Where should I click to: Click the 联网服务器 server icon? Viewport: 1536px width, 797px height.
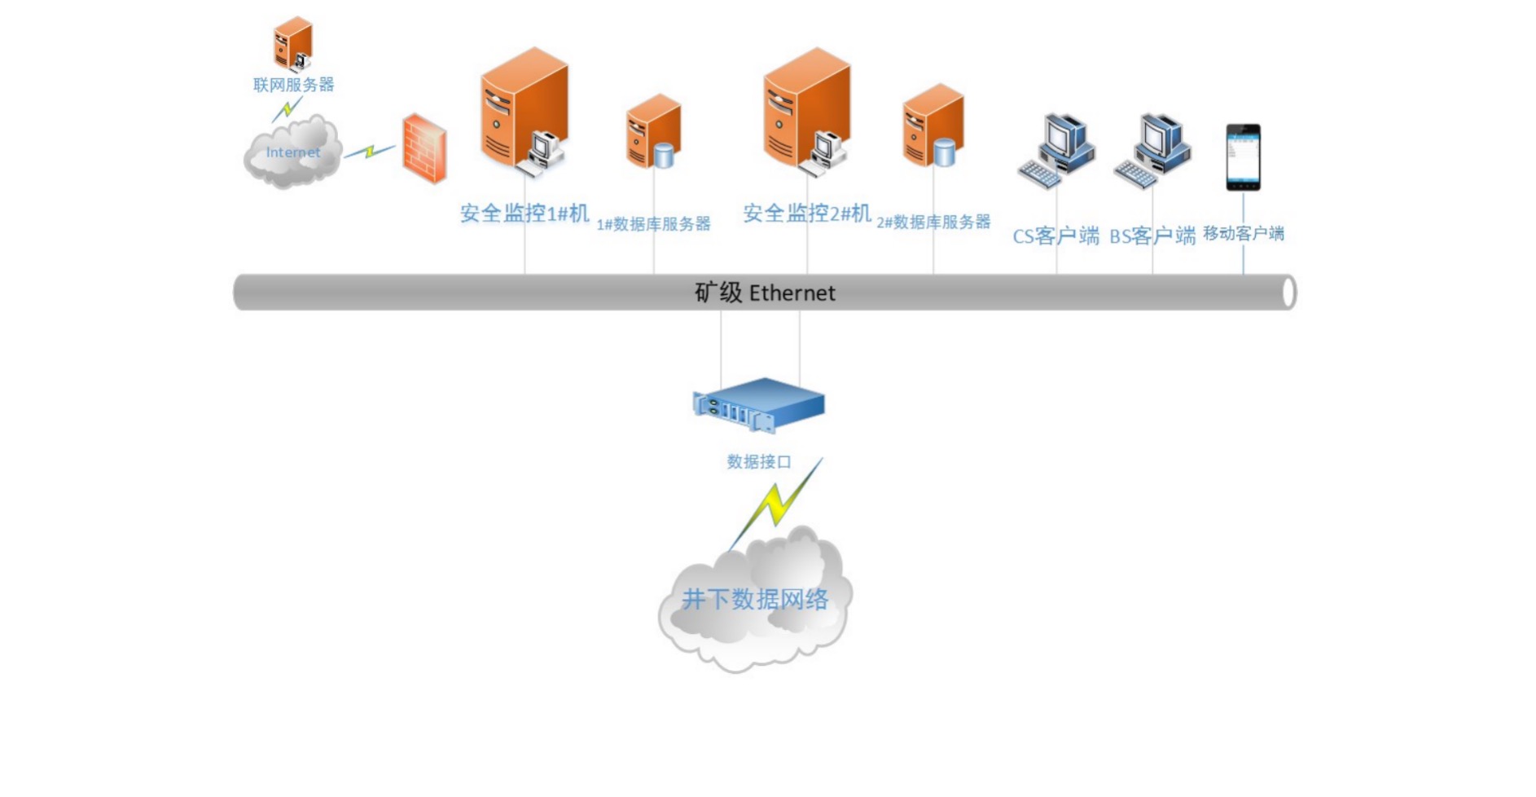tap(293, 44)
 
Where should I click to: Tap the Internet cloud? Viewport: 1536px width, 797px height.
tap(292, 153)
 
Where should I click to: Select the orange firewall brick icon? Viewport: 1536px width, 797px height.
tap(424, 148)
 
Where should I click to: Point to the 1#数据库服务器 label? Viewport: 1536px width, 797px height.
tap(653, 224)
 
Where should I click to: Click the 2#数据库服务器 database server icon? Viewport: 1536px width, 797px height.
tap(933, 125)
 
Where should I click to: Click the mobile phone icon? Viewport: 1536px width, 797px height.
tap(1243, 157)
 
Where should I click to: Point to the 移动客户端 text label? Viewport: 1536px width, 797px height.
tap(1243, 234)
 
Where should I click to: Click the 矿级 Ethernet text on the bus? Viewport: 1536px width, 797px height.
tap(765, 293)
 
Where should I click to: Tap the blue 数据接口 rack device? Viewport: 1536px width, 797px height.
tap(759, 404)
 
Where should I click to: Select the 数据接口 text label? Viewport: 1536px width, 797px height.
tap(759, 462)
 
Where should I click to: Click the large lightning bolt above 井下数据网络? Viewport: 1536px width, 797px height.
tap(777, 503)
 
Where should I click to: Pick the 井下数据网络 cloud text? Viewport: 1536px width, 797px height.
tap(755, 600)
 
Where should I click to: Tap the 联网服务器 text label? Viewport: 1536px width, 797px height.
tap(293, 85)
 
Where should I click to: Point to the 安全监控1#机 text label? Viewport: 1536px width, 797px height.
tap(524, 214)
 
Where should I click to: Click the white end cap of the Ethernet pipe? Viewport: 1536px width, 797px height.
tap(1288, 293)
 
